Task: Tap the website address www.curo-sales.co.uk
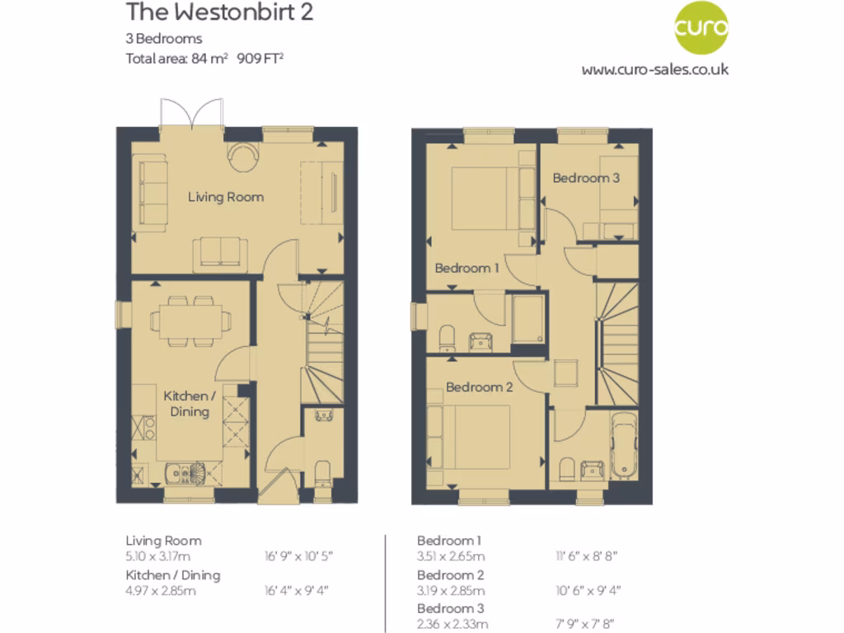tap(654, 69)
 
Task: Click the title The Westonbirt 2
tap(219, 13)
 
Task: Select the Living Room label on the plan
tap(226, 197)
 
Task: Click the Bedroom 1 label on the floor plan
tap(467, 268)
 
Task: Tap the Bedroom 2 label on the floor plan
tap(480, 387)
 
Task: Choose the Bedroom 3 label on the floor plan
tap(586, 177)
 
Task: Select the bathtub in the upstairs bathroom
tap(623, 445)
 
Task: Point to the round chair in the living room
tap(243, 156)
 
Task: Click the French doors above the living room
tap(192, 113)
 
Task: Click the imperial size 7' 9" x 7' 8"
tap(585, 624)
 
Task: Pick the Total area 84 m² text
tap(176, 58)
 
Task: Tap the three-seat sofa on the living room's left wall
tap(152, 193)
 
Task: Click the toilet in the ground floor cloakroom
tap(323, 472)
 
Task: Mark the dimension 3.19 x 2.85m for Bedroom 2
tap(451, 590)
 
